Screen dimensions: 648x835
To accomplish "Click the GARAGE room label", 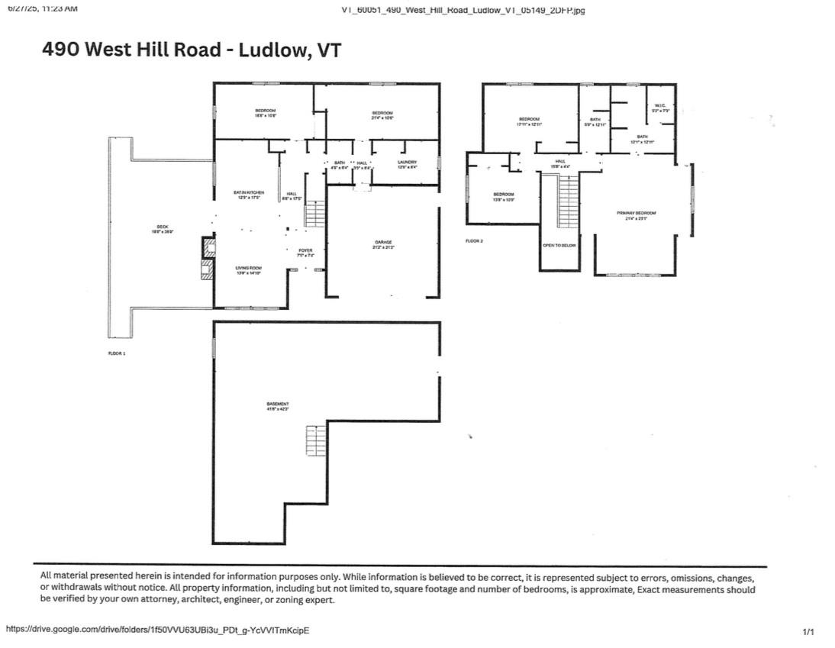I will click(383, 242).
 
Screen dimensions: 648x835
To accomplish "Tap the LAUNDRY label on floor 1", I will click(407, 162).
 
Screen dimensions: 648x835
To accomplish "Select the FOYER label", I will click(305, 250).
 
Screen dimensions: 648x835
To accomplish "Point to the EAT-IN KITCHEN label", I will click(249, 192).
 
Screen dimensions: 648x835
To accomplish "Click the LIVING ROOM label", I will click(249, 268).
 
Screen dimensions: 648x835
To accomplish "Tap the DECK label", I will click(163, 227).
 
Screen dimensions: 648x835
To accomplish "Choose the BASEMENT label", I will click(277, 404).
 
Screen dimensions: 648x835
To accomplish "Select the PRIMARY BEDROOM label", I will click(636, 213).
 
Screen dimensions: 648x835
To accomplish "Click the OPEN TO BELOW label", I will click(559, 245).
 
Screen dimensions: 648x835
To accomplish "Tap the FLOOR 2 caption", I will click(474, 241).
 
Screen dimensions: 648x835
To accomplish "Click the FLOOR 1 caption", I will click(117, 353).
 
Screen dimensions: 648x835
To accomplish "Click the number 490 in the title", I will click(60, 50).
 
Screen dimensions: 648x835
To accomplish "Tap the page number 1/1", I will click(808, 632).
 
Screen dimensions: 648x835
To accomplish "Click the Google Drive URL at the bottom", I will click(157, 630).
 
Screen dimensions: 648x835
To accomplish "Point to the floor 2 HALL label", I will click(560, 162).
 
